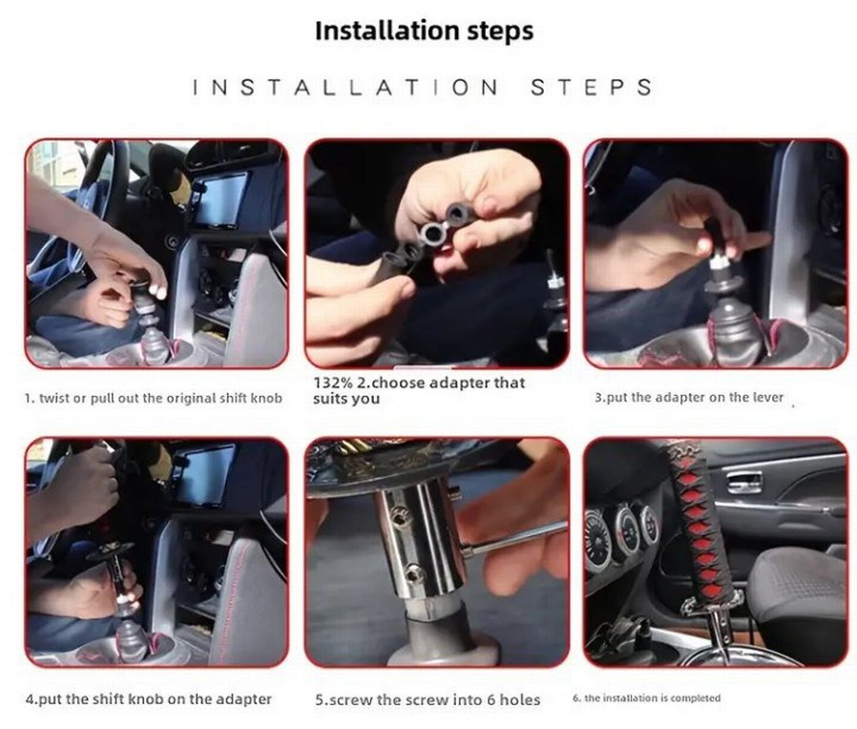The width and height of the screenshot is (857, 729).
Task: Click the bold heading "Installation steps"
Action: pyautogui.click(x=424, y=31)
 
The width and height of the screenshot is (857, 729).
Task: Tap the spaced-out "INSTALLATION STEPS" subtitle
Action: pyautogui.click(x=423, y=88)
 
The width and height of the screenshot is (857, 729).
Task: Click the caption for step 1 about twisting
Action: pyautogui.click(x=153, y=398)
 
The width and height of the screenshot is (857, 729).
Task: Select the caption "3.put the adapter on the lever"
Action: pyautogui.click(x=689, y=397)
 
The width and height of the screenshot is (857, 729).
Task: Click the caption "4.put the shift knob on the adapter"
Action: pyautogui.click(x=149, y=699)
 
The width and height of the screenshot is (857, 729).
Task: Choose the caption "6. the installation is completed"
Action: pyautogui.click(x=647, y=698)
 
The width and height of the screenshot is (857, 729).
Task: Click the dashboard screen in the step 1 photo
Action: pyautogui.click(x=219, y=199)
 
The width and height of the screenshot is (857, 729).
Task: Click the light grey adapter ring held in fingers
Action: pyautogui.click(x=433, y=234)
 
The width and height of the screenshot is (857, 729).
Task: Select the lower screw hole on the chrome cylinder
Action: pyautogui.click(x=414, y=573)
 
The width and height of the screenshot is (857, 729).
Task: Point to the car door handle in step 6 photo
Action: pyautogui.click(x=743, y=482)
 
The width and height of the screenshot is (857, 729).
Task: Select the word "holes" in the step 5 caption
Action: pyautogui.click(x=520, y=699)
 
